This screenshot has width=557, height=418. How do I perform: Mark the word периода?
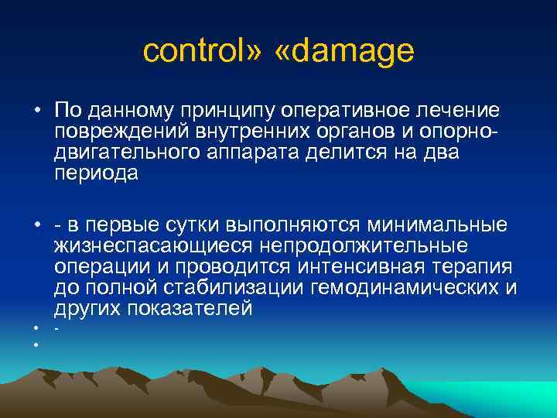(96, 173)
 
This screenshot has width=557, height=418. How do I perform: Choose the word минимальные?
(437, 225)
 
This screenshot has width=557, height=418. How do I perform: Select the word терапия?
(474, 267)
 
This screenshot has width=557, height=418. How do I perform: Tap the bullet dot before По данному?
(36, 113)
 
